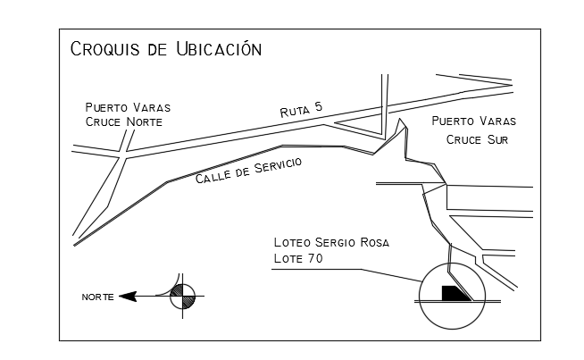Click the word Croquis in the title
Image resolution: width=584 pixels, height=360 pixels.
(x=105, y=49)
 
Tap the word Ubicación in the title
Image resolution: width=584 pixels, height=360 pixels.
(x=219, y=48)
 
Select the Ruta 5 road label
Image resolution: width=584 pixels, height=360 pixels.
(x=301, y=110)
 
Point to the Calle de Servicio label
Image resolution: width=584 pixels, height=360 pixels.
(x=248, y=171)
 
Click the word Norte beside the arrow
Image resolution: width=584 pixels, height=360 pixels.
(x=98, y=297)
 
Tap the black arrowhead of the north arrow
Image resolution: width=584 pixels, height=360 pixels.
(x=128, y=297)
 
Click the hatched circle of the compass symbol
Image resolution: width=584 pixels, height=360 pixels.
(x=182, y=297)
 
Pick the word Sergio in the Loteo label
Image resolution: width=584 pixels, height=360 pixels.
(x=335, y=242)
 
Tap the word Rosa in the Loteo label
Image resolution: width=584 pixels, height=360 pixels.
(x=375, y=243)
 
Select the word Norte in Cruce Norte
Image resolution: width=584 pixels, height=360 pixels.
(x=145, y=121)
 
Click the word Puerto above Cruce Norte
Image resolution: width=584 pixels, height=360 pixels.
(x=106, y=107)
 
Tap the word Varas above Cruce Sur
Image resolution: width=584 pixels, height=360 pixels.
(x=497, y=121)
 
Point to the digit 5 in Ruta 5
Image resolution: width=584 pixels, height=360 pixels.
(x=318, y=107)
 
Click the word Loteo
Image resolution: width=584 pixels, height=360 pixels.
(x=292, y=242)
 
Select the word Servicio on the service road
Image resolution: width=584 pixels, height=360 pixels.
(x=279, y=165)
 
